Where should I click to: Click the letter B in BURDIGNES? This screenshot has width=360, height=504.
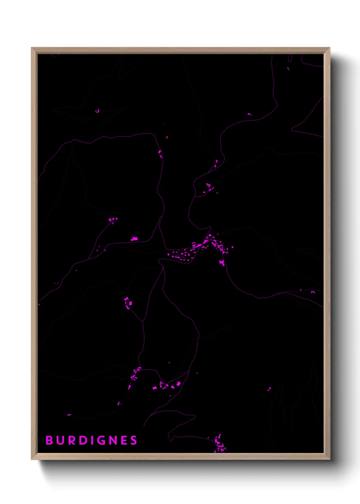49,440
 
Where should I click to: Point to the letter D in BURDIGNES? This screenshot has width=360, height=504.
82,440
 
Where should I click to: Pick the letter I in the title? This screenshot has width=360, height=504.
92,440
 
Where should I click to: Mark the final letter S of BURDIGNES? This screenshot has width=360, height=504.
133,440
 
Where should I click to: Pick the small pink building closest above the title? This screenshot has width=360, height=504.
69,415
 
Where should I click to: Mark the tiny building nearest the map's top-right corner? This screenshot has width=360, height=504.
288,69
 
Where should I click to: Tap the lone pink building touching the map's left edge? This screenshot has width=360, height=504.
39,304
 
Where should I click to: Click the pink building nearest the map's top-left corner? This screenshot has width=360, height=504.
97,111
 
